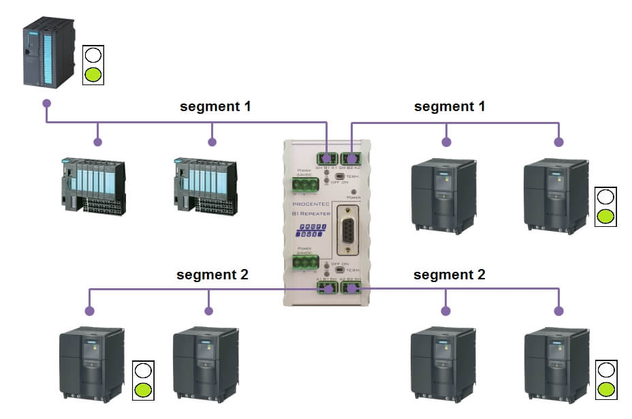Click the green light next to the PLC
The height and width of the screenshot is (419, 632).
pos(93,74)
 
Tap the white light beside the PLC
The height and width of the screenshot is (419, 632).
pos(93,55)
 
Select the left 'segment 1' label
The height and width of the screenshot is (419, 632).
pos(215,106)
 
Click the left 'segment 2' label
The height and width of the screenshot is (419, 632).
pos(212,275)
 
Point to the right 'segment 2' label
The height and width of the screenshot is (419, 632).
pos(449,275)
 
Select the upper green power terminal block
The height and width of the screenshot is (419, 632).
pos(305,185)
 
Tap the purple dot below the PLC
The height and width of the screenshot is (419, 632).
pos(46,104)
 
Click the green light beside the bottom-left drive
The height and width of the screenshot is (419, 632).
pos(143,390)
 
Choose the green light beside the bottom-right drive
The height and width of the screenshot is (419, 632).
pos(607,390)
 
